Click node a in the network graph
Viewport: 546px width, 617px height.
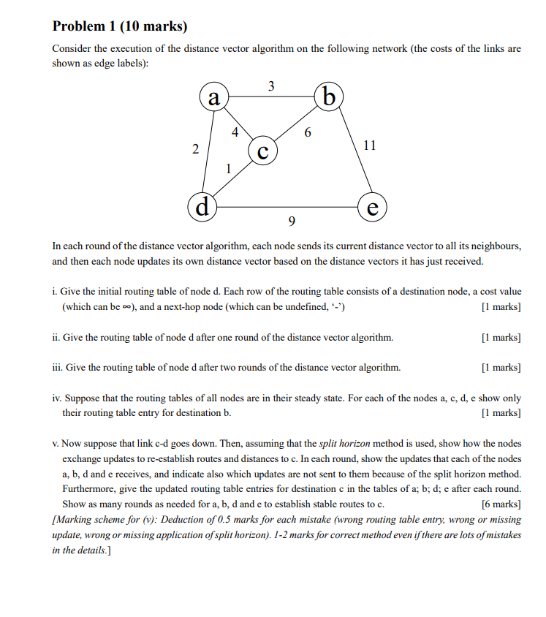[213, 97]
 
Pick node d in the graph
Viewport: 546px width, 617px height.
[202, 205]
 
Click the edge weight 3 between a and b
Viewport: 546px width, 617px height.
[271, 86]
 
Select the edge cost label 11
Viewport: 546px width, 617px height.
[369, 145]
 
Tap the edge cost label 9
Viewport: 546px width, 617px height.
[292, 221]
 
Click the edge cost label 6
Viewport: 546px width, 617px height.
[307, 133]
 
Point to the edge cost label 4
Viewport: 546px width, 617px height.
[234, 133]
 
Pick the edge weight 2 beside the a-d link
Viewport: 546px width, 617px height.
[195, 149]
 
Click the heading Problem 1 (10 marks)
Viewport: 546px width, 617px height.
[120, 27]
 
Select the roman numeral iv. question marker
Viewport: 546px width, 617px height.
[57, 398]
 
